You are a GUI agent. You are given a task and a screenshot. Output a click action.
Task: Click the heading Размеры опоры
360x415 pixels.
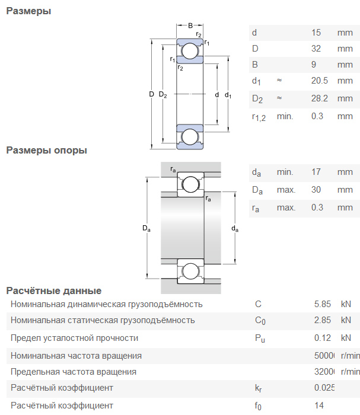pos(46,150)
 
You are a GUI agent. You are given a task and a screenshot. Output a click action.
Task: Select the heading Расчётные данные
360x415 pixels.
pos(53,290)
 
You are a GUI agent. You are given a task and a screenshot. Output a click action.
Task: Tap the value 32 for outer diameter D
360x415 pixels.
pos(316,49)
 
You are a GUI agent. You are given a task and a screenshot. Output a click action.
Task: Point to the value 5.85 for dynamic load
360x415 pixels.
pos(323,304)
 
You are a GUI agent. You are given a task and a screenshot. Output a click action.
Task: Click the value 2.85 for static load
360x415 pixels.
pos(323,320)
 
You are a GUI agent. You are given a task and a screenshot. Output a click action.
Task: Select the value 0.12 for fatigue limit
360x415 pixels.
pos(323,338)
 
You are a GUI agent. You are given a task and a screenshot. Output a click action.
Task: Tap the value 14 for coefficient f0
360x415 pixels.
pos(319,406)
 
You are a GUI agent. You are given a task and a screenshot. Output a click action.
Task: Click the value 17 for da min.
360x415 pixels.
pos(316,172)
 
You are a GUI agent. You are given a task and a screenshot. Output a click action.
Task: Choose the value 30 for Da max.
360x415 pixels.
pos(316,190)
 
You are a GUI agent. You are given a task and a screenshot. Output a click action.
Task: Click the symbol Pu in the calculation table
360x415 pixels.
pos(259,339)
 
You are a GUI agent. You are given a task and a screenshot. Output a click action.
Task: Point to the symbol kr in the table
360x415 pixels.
pos(258,388)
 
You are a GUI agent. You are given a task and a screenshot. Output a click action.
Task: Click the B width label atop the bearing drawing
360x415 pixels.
pos(190,25)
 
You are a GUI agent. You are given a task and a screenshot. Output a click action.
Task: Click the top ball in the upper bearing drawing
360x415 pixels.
pos(190,52)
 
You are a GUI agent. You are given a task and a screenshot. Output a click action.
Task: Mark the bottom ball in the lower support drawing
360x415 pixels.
pos(190,272)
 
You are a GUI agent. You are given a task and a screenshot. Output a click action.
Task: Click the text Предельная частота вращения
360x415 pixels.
pos(74,372)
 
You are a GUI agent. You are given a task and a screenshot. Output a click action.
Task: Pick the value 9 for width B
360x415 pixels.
pos(314,65)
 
